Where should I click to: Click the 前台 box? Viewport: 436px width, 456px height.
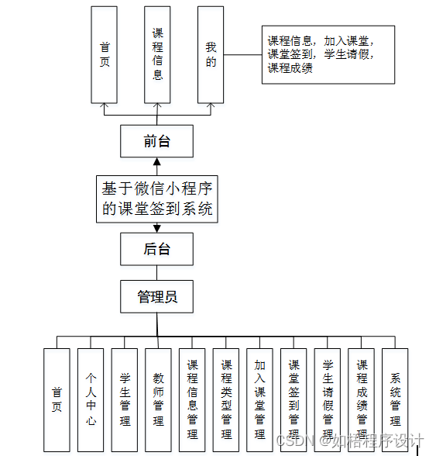click(x=156, y=141)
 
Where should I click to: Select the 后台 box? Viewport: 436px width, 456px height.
click(x=156, y=249)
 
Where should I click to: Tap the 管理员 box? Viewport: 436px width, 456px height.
click(x=156, y=296)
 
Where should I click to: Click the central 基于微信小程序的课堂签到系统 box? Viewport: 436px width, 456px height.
click(x=156, y=198)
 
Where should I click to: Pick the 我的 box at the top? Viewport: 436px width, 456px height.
click(x=211, y=54)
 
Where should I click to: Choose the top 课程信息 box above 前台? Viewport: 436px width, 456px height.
click(x=157, y=54)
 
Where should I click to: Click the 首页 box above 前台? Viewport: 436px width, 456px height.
click(x=105, y=54)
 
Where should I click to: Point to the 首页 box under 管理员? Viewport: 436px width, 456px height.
click(x=57, y=399)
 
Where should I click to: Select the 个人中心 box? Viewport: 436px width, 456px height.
click(x=91, y=399)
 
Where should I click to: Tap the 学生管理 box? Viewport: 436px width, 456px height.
click(x=125, y=399)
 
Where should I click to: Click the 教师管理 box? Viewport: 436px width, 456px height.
click(x=158, y=399)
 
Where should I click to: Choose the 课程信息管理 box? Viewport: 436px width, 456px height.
click(x=192, y=399)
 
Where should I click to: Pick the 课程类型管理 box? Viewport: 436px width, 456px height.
click(x=226, y=399)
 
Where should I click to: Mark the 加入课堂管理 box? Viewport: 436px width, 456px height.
click(x=260, y=399)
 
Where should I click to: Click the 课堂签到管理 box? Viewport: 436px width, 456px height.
click(x=294, y=399)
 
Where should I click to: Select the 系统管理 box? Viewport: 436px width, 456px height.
click(x=395, y=399)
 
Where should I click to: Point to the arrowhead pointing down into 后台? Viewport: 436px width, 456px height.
click(x=156, y=228)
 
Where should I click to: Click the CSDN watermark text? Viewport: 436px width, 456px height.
click(x=350, y=441)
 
